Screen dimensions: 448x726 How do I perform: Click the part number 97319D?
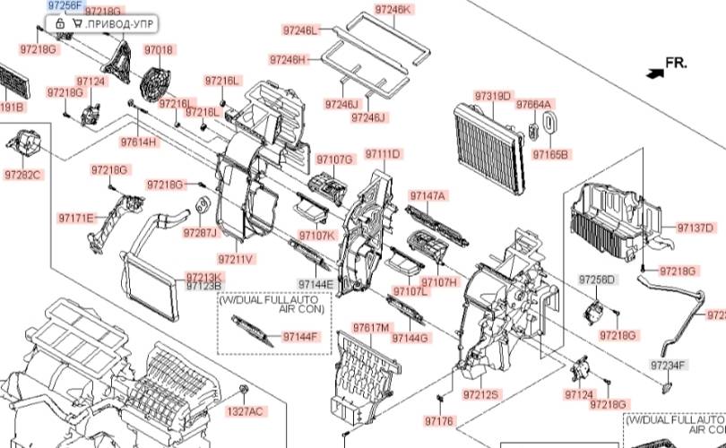pyautogui.click(x=493, y=97)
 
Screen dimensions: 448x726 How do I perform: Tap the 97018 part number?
pyautogui.click(x=159, y=49)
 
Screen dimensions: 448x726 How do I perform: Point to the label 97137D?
pyautogui.click(x=696, y=228)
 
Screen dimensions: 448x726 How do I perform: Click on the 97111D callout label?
pyautogui.click(x=383, y=155)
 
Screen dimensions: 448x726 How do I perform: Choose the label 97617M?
pyautogui.click(x=370, y=327)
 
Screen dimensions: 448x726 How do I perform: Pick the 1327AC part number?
pyautogui.click(x=245, y=411)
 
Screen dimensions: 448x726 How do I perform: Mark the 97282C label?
pyautogui.click(x=22, y=175)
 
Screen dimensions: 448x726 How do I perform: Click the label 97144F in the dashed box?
pyautogui.click(x=300, y=337)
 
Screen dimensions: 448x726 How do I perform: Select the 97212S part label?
pyautogui.click(x=481, y=394)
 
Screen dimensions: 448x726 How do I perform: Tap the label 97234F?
pyautogui.click(x=669, y=365)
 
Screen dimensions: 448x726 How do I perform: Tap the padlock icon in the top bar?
pyautogui.click(x=61, y=22)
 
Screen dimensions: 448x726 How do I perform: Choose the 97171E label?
pyautogui.click(x=77, y=218)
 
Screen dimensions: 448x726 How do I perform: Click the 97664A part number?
pyautogui.click(x=533, y=104)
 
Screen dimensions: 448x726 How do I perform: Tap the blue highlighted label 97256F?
pyautogui.click(x=65, y=5)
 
